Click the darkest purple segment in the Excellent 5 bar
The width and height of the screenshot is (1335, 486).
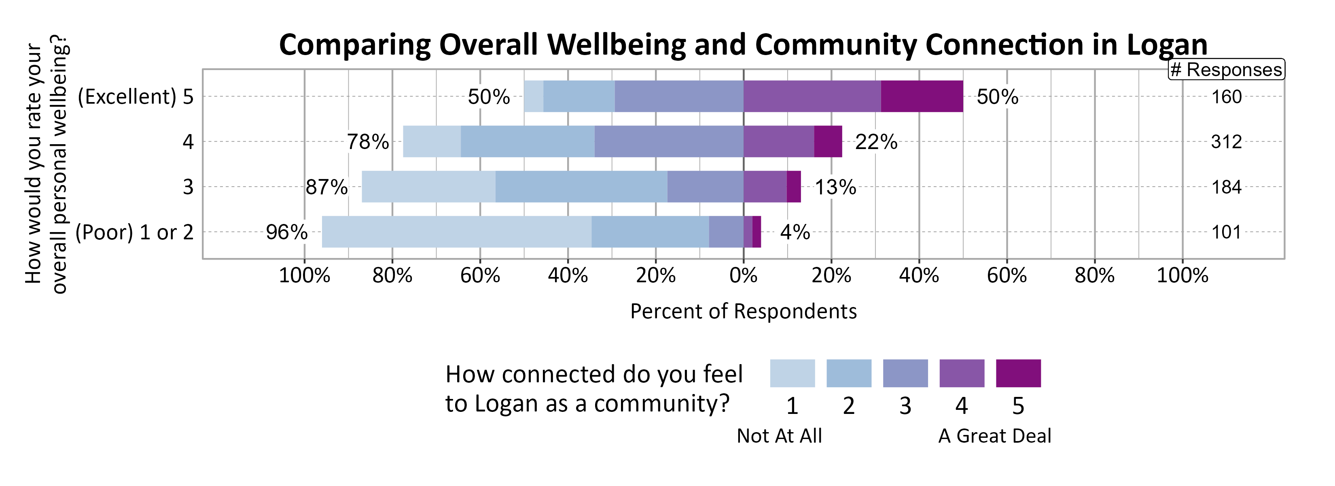(922, 96)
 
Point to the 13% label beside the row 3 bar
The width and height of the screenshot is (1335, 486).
(835, 187)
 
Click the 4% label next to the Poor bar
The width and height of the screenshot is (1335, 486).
(795, 232)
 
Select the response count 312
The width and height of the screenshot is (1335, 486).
(1226, 142)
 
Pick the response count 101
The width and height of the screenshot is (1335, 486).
(1226, 232)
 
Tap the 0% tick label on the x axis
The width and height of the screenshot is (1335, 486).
(743, 275)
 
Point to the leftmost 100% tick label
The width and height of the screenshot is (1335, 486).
(304, 275)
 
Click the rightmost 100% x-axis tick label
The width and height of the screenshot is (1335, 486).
(1182, 275)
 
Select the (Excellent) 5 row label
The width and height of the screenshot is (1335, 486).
(135, 96)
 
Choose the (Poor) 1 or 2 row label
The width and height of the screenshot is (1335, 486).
(134, 232)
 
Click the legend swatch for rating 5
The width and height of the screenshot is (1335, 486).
(1018, 373)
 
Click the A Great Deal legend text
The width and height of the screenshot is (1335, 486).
(994, 436)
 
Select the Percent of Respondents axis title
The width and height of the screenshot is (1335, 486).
(743, 311)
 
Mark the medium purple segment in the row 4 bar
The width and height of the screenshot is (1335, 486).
(778, 142)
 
